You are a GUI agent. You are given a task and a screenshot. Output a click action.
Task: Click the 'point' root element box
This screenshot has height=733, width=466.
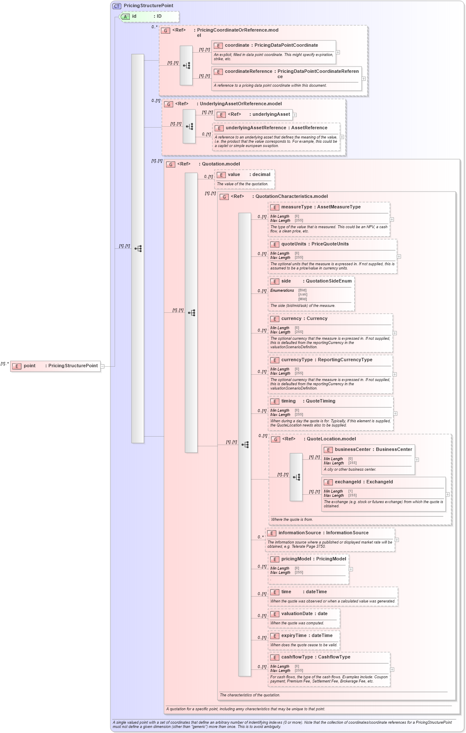56,366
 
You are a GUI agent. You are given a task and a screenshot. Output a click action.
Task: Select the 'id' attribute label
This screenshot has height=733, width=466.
134,16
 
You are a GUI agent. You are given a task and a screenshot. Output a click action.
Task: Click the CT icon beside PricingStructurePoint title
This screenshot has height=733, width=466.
117,6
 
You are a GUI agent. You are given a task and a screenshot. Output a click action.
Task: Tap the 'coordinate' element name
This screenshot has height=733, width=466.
237,45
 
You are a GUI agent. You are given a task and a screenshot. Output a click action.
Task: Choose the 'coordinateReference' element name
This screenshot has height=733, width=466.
248,72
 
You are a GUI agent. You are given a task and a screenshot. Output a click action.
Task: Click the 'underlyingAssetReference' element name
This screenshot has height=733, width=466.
256,128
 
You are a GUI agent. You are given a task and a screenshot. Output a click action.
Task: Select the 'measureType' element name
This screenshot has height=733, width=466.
296,207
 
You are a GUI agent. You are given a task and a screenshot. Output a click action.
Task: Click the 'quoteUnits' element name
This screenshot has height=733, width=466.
294,244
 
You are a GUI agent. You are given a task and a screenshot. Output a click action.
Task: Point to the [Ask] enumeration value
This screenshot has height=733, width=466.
303,295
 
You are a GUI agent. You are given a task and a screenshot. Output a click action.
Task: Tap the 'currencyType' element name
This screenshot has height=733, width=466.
297,360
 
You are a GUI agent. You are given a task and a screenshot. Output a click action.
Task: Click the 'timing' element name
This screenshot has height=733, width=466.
289,401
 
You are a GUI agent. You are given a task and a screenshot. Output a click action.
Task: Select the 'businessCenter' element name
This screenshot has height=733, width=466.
352,450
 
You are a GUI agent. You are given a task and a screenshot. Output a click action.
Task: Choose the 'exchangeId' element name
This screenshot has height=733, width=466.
348,482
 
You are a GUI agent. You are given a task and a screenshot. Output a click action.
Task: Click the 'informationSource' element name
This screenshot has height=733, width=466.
299,533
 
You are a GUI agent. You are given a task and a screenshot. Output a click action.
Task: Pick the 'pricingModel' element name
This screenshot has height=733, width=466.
296,559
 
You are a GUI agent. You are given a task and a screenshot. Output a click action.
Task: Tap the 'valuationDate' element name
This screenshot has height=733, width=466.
297,614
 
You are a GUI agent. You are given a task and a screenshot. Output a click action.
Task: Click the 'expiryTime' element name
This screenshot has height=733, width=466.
294,636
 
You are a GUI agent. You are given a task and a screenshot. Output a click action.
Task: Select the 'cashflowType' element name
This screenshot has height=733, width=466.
297,657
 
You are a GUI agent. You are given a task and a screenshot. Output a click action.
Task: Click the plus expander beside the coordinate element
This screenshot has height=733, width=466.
338,53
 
